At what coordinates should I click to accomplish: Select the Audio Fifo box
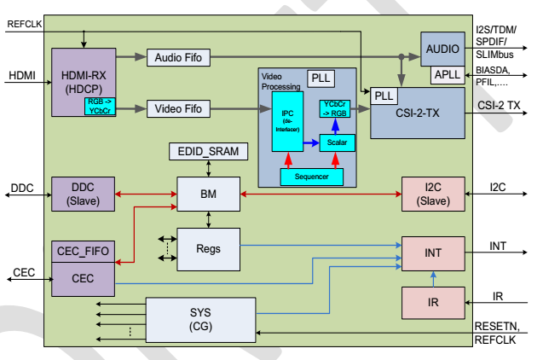178,57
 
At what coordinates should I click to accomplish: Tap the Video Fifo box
178,108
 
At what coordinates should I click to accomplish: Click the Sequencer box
311,177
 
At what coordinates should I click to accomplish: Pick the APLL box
447,76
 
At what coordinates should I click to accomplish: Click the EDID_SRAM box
209,152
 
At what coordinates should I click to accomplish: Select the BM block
209,195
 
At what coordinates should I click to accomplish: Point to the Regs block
209,249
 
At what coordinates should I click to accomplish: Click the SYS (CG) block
200,319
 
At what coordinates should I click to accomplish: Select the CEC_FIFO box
83,251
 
